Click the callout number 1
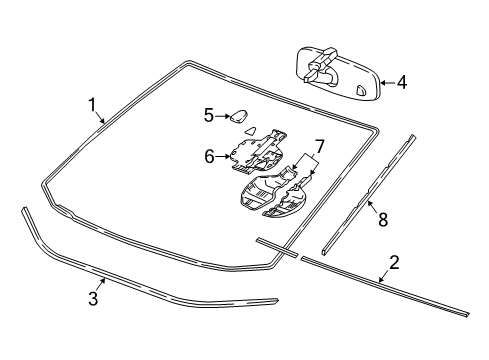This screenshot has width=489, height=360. point(92,105)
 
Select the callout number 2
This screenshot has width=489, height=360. point(394,263)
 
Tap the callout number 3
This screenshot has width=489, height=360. point(93,298)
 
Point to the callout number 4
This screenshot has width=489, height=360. point(402,82)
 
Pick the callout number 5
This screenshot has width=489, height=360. point(209,116)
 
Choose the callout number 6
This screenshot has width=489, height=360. point(209,156)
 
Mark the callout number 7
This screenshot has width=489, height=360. point(319,147)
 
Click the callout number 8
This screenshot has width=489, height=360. point(383,220)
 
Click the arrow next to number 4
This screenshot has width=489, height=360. point(387,82)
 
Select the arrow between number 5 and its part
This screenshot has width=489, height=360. point(223,116)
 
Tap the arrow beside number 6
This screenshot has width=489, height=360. point(223,156)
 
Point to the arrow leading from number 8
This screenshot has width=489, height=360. point(373,208)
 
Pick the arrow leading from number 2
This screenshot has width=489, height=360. point(384,276)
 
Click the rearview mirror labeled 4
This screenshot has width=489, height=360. point(338,75)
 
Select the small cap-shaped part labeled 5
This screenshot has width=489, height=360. point(239,116)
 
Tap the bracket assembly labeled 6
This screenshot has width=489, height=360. point(257,151)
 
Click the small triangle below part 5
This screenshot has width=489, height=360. point(251,130)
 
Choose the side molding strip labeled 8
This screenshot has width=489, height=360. point(369,195)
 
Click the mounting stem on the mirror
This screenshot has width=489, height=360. point(321,65)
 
